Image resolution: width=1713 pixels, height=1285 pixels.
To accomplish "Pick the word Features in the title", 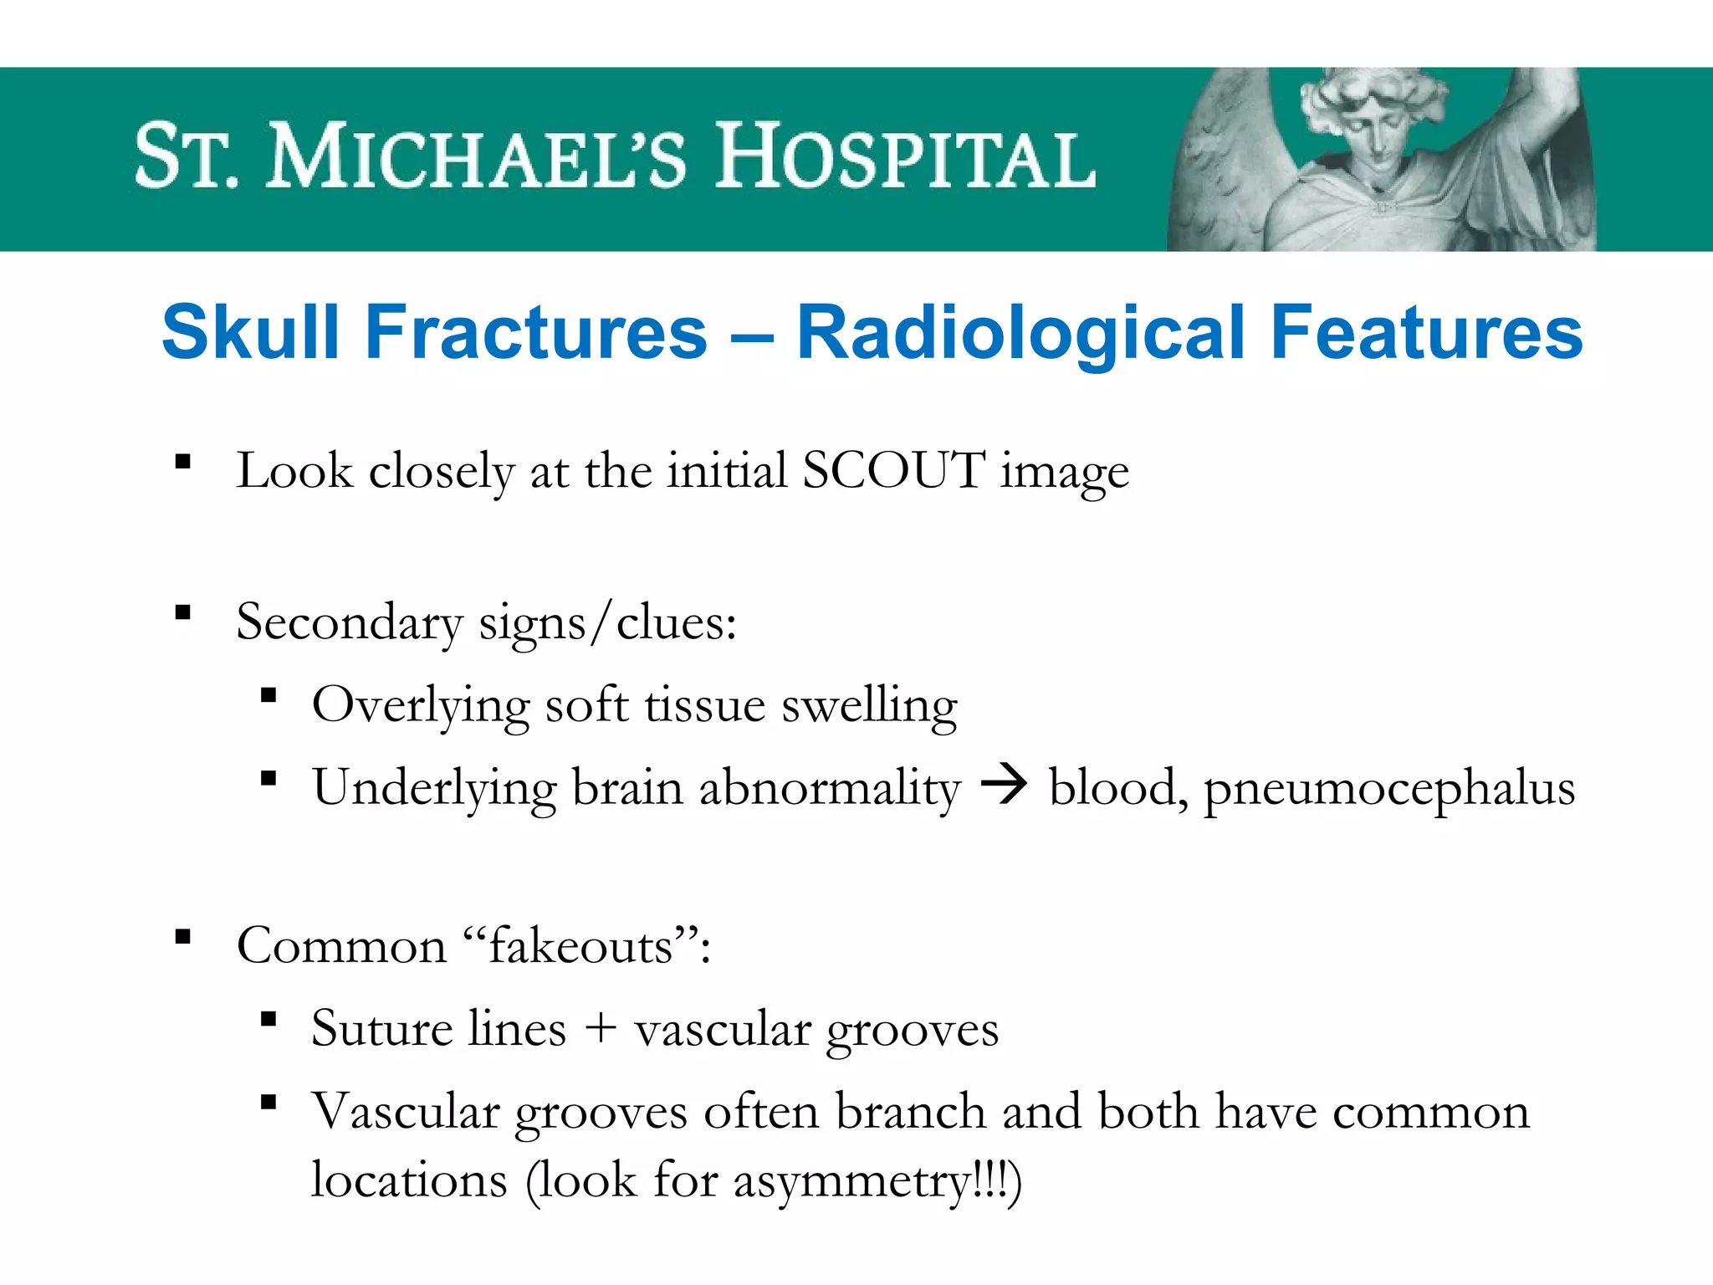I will [1426, 332].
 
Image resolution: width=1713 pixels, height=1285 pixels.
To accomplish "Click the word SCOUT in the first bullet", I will [892, 470].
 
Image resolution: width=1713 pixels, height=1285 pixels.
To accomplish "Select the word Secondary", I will [349, 622].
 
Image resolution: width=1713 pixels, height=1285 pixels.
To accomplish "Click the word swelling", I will [869, 706].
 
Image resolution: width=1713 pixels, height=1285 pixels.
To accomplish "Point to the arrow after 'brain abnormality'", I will [1004, 786].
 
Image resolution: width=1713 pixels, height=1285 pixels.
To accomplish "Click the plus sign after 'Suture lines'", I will [601, 1029].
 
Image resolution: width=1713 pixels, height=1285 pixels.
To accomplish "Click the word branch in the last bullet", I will [912, 1112].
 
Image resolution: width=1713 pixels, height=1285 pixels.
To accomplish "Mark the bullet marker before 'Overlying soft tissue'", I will [268, 695].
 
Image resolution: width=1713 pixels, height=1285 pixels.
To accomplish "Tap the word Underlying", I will [434, 789].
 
